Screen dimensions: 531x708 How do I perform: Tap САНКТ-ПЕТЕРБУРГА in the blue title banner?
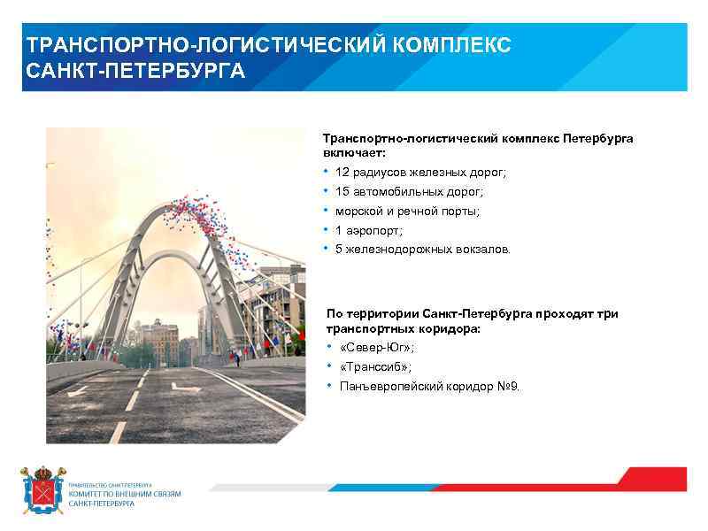[x=135, y=70]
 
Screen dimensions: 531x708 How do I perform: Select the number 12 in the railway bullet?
[x=342, y=172]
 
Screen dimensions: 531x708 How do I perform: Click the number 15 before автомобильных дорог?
[x=342, y=191]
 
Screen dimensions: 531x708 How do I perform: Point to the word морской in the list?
[x=358, y=211]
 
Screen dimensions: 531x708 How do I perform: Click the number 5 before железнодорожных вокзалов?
[x=339, y=250]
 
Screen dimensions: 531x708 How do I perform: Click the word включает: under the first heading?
[x=349, y=152]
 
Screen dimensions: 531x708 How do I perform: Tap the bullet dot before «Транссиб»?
[x=329, y=366]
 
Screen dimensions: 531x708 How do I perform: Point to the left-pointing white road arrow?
[x=79, y=389]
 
